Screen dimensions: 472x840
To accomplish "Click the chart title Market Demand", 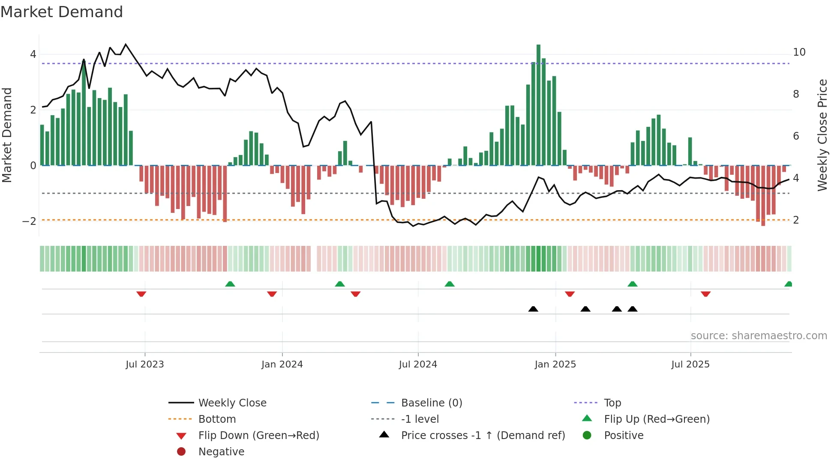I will coord(62,12).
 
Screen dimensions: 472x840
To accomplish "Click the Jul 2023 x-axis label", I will coord(145,364).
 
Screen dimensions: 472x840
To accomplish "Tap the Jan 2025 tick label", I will coord(555,364).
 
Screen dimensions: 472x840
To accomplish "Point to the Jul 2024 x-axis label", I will coord(418,364).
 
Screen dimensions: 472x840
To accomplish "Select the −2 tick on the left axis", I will coord(29,221).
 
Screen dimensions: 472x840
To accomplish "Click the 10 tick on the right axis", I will coord(799,52).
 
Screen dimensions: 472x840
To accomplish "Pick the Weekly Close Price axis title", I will coord(822,135).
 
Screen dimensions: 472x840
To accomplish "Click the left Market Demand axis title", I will coord(7,135).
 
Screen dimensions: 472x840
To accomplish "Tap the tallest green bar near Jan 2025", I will coord(538,105).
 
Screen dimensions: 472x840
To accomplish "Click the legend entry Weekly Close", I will coord(232,403).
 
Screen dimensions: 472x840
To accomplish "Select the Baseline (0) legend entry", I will coord(431,403).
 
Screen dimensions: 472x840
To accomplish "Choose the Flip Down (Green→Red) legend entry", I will coord(258,436).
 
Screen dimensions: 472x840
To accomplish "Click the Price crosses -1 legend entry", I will coord(483,436).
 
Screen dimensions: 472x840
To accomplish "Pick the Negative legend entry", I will coord(221,452).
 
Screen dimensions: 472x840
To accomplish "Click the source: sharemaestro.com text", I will coord(759,336).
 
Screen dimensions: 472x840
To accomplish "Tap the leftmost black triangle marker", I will coord(533,309).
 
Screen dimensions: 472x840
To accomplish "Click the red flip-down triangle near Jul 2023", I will coord(141,294).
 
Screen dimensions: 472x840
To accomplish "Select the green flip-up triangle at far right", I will coord(788,284).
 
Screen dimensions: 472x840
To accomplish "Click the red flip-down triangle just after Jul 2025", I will coord(706,294).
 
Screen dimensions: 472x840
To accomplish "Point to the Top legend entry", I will coord(612,403).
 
